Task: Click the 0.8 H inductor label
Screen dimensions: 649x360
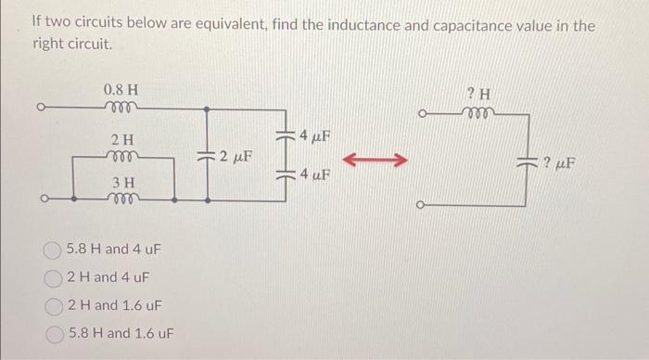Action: coord(121,90)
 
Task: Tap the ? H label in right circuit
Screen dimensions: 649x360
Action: coord(479,93)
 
